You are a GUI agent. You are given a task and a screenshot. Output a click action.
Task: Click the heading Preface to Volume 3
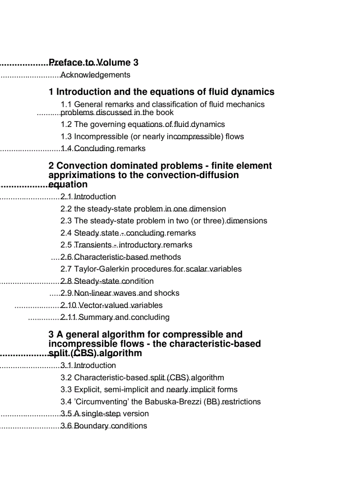coord(94,63)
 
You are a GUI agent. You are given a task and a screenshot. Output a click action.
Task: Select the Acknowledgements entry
coord(95,75)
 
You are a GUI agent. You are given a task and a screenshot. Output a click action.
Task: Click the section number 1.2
coord(66,124)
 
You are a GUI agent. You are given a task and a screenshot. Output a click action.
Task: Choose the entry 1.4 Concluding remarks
coord(103,149)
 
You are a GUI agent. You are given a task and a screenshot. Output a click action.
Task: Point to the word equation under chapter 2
coord(68,184)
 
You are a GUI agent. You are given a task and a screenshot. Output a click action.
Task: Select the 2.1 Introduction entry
coord(88,197)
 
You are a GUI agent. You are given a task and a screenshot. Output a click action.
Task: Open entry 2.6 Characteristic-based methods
coord(120,257)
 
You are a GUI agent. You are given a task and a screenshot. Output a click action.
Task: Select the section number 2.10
coord(68,305)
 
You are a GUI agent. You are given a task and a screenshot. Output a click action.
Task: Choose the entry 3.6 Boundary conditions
coord(104,426)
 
